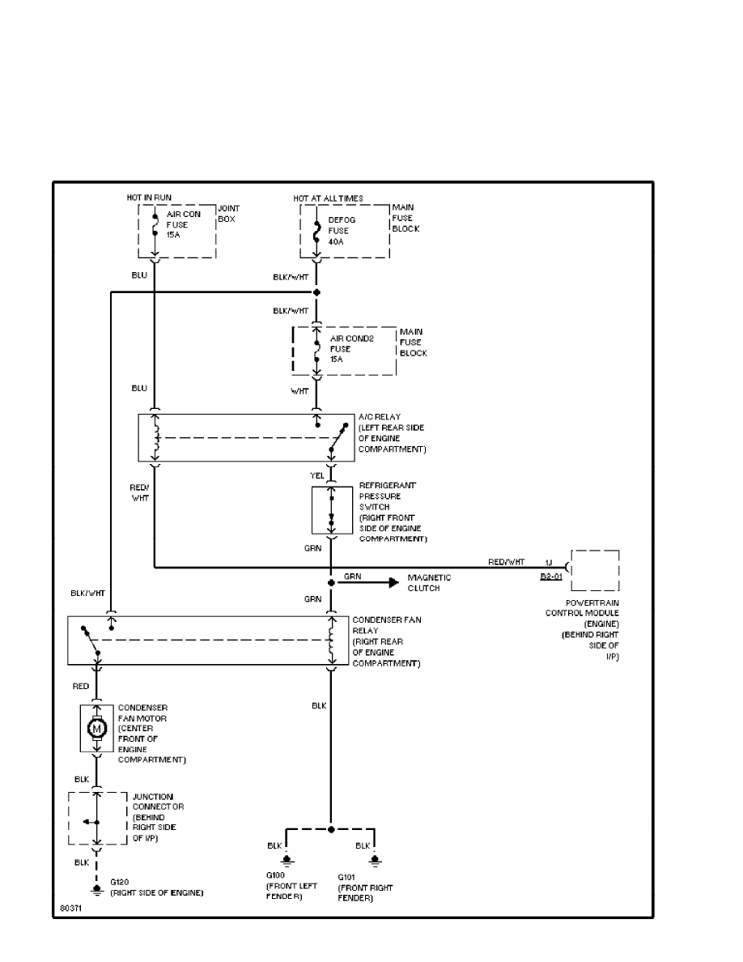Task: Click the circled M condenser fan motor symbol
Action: (x=97, y=729)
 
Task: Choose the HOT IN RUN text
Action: (x=149, y=198)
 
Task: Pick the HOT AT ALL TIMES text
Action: (x=328, y=198)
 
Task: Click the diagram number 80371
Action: (x=71, y=909)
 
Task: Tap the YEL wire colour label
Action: (x=316, y=476)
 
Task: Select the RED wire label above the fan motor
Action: (x=81, y=686)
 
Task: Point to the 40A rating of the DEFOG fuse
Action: (x=336, y=241)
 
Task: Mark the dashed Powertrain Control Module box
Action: (x=595, y=572)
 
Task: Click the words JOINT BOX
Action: (x=228, y=214)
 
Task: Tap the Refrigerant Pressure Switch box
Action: (x=331, y=510)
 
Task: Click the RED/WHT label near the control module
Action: (x=506, y=561)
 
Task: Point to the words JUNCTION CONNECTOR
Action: (x=159, y=802)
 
